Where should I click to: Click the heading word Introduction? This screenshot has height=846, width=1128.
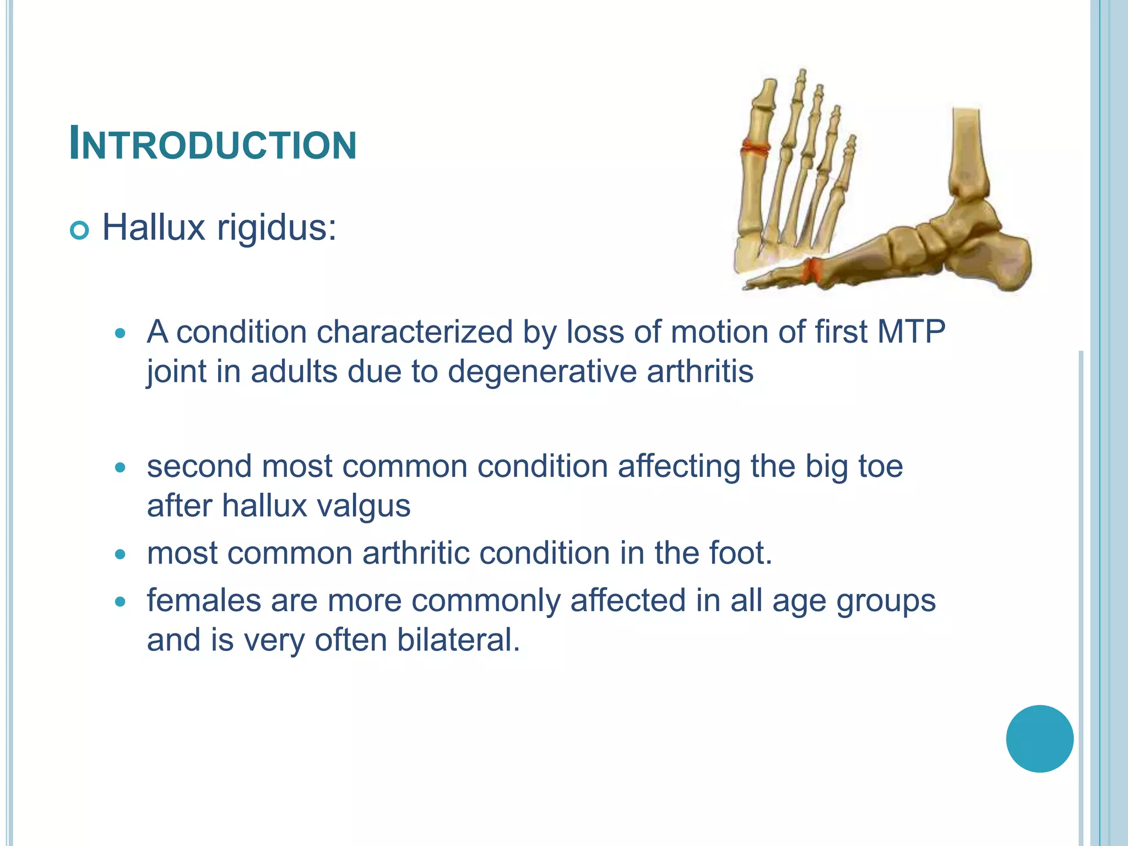tap(213, 144)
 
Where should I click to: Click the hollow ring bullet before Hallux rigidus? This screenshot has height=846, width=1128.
tap(80, 231)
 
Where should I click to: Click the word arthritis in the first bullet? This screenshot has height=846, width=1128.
tap(700, 371)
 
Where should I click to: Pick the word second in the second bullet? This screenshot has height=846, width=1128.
tap(199, 466)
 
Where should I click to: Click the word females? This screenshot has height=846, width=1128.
tap(203, 600)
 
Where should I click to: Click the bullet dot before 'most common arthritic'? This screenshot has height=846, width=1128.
tap(121, 554)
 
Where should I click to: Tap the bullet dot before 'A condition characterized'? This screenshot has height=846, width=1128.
tap(121, 333)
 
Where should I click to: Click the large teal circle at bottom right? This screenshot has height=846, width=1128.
tap(1039, 739)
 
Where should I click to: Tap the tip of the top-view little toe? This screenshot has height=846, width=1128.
tap(852, 138)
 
